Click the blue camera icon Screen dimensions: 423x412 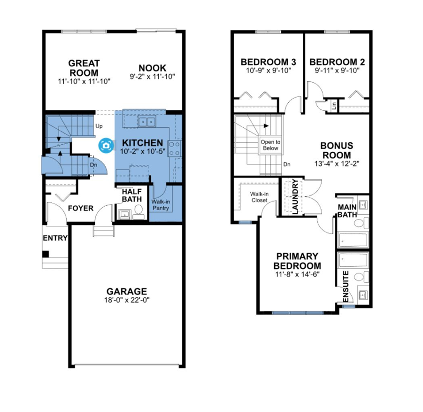pyautogui.click(x=106, y=146)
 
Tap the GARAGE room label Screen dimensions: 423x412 pyautogui.click(x=127, y=291)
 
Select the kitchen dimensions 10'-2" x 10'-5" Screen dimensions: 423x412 pyautogui.click(x=143, y=151)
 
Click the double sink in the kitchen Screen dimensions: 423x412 pyautogui.click(x=146, y=122)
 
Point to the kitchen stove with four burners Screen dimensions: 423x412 pyautogui.click(x=174, y=148)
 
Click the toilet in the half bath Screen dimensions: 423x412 pyautogui.click(x=138, y=211)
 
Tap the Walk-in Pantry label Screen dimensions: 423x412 pyautogui.click(x=161, y=205)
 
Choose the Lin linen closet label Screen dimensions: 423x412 pyautogui.click(x=334, y=105)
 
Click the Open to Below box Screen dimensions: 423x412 pyautogui.click(x=270, y=145)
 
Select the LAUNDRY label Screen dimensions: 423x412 pyautogui.click(x=295, y=196)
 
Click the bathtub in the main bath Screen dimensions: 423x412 pyautogui.click(x=353, y=239)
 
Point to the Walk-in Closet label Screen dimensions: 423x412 pyautogui.click(x=259, y=197)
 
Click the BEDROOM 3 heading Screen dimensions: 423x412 pyautogui.click(x=269, y=62)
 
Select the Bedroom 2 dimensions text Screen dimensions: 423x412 pyautogui.click(x=337, y=71)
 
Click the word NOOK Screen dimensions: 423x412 pyautogui.click(x=153, y=68)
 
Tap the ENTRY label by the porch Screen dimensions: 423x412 pyautogui.click(x=55, y=238)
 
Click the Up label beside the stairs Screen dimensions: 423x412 pyautogui.click(x=99, y=126)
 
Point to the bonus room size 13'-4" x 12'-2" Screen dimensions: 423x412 pyautogui.click(x=337, y=163)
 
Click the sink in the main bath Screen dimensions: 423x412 pyautogui.click(x=363, y=204)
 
